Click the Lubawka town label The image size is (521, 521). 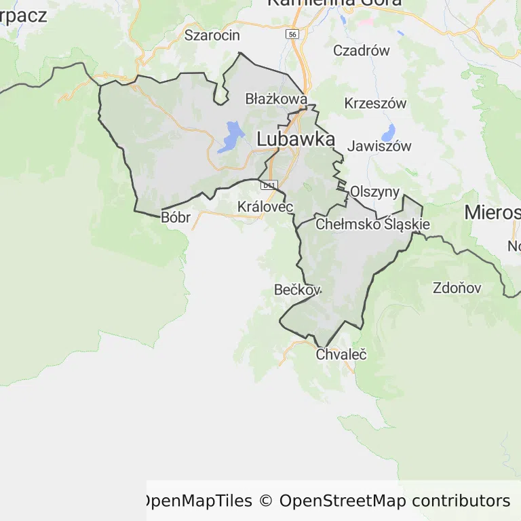coord(296,140)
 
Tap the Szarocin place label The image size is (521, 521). coord(212,35)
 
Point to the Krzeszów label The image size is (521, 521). coord(375,103)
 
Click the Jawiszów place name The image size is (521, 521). coord(379,146)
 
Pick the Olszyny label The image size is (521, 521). coord(374,191)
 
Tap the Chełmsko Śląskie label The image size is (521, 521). coord(372,223)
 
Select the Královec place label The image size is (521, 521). coord(265,206)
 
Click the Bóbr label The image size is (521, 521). coord(176,218)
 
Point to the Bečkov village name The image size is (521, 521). coord(297,290)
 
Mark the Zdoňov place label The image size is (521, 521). coord(457,288)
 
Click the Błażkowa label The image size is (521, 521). coord(276,99)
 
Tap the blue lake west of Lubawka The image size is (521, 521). coord(231,136)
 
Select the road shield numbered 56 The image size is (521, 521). coord(292,34)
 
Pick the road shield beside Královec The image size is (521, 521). coord(269,185)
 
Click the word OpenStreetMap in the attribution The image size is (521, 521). coord(343,501)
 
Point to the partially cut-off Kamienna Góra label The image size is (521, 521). coord(334,3)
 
